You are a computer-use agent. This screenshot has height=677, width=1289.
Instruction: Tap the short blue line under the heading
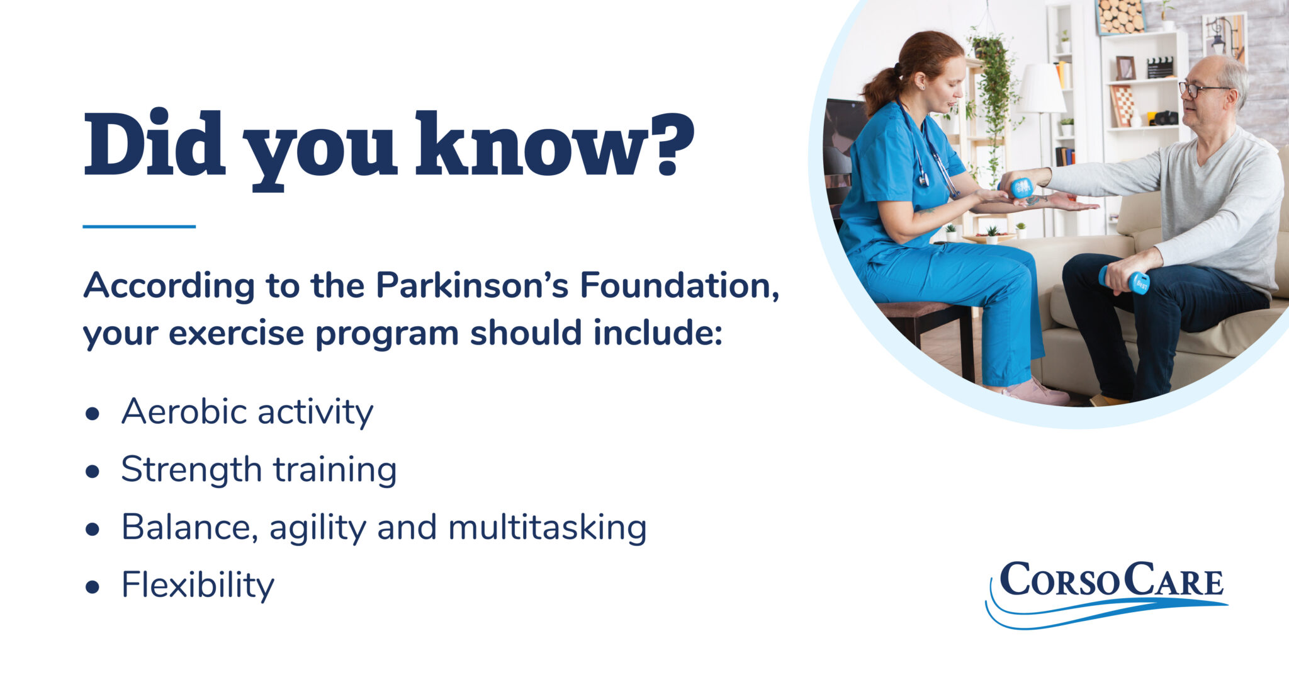point(139,226)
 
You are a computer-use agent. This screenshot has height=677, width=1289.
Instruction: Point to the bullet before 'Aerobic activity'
point(93,414)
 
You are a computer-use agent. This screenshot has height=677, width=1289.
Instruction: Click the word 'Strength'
point(191,470)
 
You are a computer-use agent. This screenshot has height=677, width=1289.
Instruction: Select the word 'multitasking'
point(547,527)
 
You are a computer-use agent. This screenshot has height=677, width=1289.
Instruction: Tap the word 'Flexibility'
point(198,585)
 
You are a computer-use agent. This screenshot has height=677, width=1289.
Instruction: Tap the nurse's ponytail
point(881,88)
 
